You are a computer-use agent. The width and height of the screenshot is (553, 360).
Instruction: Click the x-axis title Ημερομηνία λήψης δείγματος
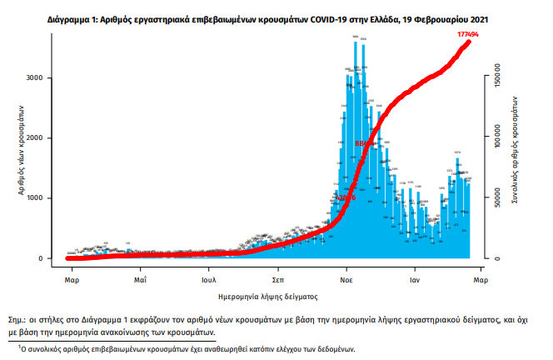[x=276, y=296]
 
